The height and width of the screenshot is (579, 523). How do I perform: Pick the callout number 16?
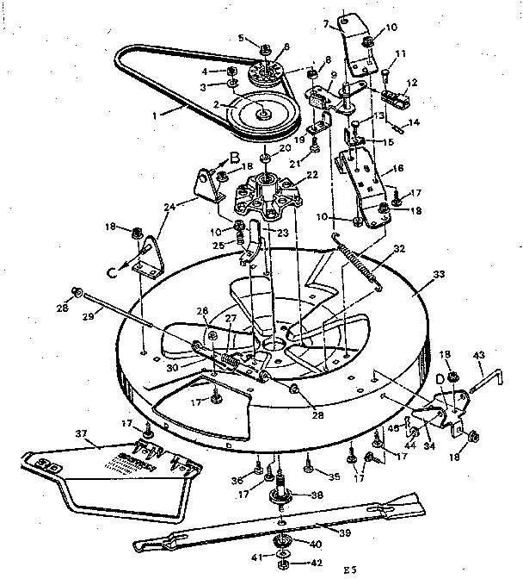point(397,170)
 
